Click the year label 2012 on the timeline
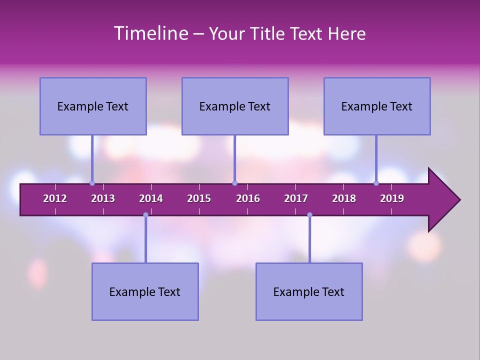55,198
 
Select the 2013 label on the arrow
103,198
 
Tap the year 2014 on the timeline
151,198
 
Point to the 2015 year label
199,198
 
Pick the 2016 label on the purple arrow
248,198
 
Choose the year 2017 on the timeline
296,198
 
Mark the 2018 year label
344,198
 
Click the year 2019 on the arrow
392,198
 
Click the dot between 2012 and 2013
92,183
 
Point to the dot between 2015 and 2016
234,183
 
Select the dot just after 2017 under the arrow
309,215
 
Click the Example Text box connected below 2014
145,291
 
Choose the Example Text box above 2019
377,106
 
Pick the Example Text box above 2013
93,106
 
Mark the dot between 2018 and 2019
376,183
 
